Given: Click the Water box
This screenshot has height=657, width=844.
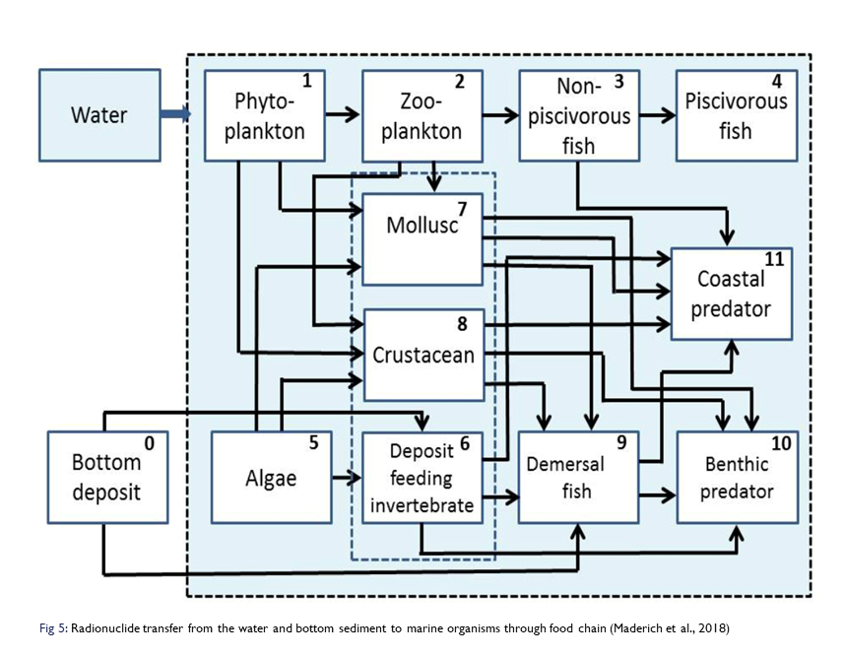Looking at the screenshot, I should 99,115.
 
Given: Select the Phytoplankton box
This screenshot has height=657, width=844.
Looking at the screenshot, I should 265,115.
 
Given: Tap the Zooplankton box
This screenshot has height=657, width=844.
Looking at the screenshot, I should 422,115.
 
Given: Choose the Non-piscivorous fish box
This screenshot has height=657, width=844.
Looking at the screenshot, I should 579,115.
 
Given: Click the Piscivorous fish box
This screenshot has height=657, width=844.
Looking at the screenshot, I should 736,115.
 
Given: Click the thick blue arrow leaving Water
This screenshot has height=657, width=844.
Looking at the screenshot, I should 175,115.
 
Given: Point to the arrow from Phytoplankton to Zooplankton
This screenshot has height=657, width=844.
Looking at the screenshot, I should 344,115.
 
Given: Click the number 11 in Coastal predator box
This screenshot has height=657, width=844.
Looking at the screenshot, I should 774,260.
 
